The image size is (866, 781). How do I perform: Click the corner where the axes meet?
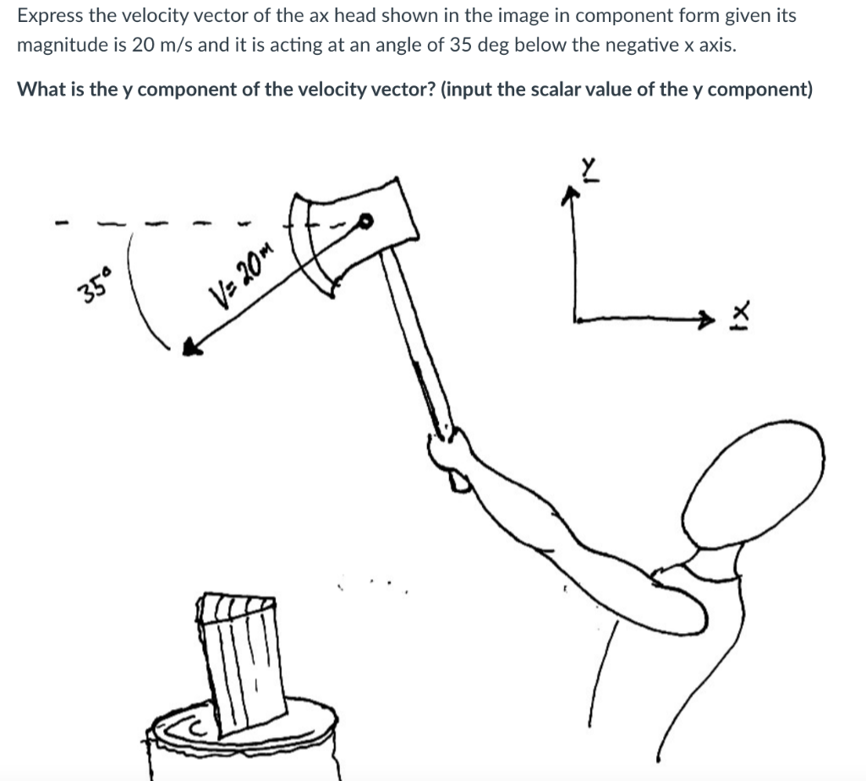tap(577, 319)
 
